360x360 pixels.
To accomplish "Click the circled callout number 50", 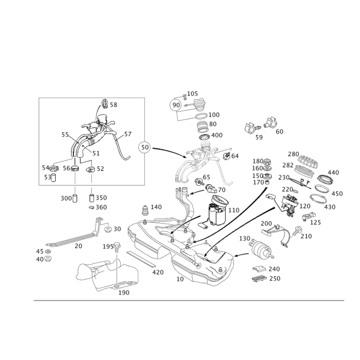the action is pos(145,147).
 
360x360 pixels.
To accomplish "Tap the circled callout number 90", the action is pos(176,105).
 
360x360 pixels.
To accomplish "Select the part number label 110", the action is pos(234,210).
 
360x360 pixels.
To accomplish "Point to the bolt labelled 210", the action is pos(297,231).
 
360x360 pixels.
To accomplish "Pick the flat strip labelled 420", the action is pos(141,259).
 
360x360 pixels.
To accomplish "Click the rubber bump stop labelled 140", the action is pos(144,210).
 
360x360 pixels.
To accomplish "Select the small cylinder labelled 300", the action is pos(75,198).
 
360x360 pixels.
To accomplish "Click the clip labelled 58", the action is pos(104,104).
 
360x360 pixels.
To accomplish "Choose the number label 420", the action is pos(158,272).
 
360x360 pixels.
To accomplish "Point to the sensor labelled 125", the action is pos(309,216).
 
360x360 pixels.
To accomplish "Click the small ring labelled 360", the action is pos(91,207).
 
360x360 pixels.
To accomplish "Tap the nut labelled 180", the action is pos(267,161).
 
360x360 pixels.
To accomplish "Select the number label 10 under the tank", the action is pos(180,279).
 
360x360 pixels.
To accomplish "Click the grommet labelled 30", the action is pos(108,229).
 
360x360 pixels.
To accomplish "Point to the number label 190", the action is pos(124,293).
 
